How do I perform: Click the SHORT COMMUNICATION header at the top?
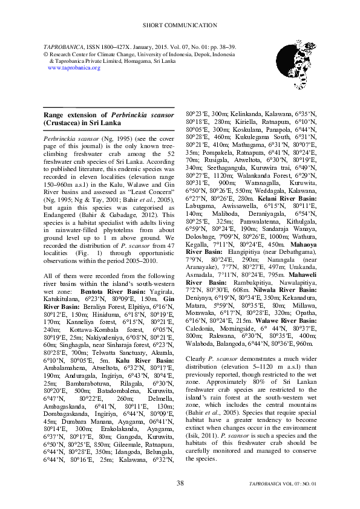pos(180,25)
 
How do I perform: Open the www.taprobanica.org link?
pos(73,68)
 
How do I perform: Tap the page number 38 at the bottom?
pos(180,483)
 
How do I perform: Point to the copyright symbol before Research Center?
pos(46,54)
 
